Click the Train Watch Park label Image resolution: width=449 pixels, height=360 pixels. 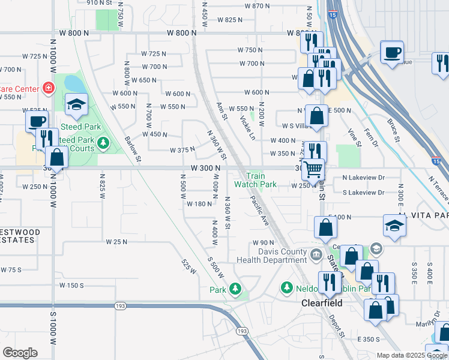tap(261, 180)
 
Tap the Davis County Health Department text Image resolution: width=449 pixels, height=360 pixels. tap(271, 256)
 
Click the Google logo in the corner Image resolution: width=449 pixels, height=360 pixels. tap(20, 353)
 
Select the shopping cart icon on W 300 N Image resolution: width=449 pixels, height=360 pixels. tap(313, 170)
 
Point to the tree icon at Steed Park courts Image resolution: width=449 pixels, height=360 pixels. tap(104, 143)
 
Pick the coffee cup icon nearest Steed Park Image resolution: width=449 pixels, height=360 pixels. tap(35, 121)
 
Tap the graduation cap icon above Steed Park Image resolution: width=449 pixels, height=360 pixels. tap(76, 105)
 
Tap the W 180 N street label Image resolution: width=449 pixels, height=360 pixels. tap(200, 204)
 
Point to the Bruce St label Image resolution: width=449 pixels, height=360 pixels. tap(393, 130)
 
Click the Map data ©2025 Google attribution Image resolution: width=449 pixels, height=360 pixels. tap(411, 355)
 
